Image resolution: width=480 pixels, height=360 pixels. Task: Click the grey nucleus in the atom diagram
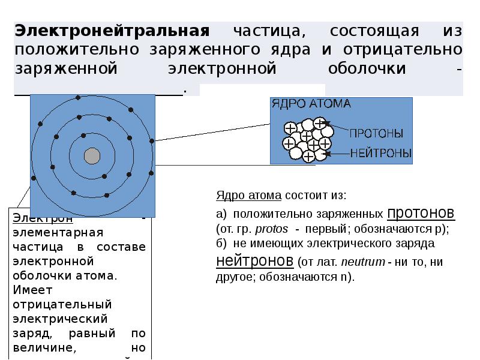pyautogui.click(x=92, y=156)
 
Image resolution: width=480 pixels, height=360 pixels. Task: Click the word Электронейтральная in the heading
pyautogui.click(x=112, y=30)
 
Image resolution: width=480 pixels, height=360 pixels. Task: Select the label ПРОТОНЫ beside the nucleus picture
pyautogui.click(x=376, y=133)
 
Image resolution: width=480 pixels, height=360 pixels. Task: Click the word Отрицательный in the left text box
pyautogui.click(x=55, y=304)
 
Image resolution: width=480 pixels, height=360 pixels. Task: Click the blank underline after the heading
pyautogui.click(x=98, y=93)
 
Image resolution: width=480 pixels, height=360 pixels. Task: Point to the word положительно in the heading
pyautogui.click(x=65, y=49)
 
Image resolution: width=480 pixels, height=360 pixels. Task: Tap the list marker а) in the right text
pyautogui.click(x=220, y=214)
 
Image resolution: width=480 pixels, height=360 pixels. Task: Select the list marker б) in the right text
pyautogui.click(x=221, y=244)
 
